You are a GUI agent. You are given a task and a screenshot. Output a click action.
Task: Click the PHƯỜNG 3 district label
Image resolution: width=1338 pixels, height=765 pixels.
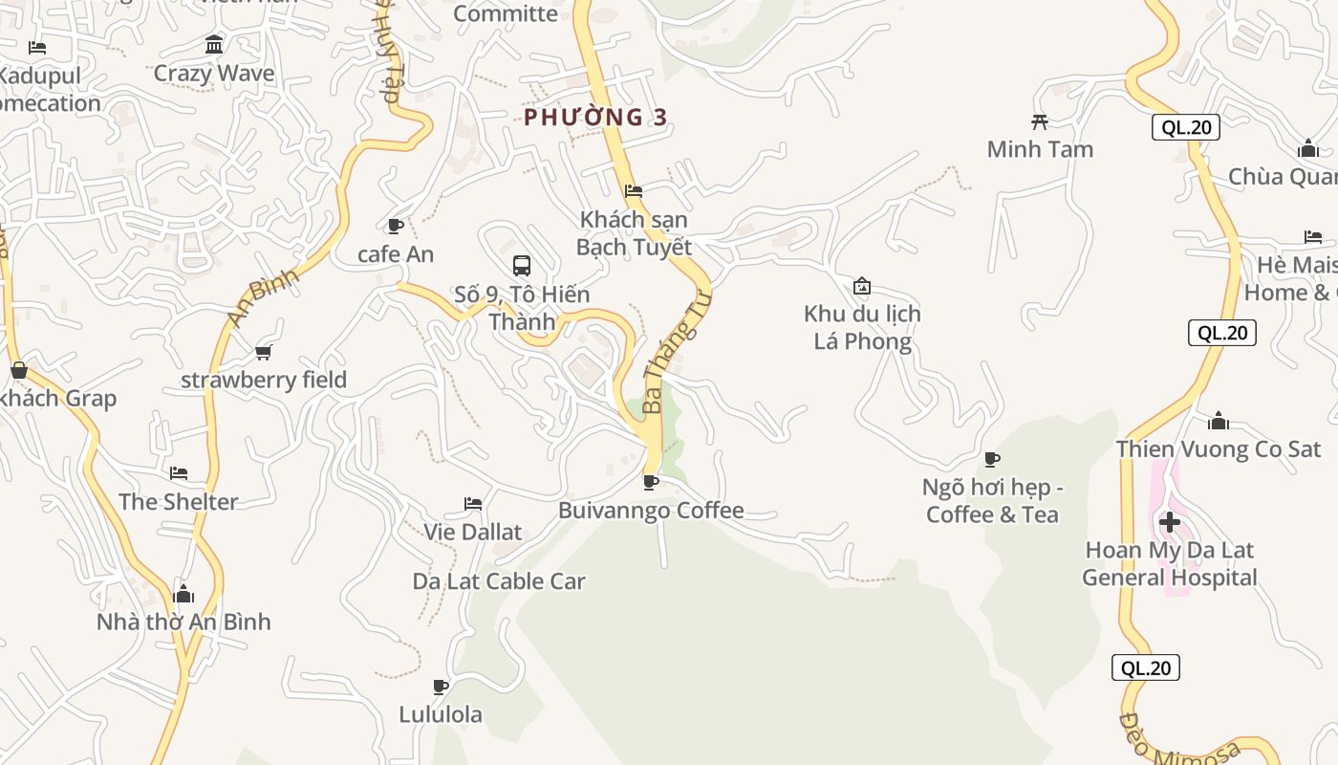point(595,118)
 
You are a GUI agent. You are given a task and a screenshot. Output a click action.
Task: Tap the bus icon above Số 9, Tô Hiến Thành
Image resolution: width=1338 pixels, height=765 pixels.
point(522,266)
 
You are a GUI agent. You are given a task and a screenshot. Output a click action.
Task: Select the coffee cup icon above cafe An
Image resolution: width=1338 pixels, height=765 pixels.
point(395,226)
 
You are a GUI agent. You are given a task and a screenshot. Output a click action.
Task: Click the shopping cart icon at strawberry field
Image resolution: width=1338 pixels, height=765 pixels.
point(264,352)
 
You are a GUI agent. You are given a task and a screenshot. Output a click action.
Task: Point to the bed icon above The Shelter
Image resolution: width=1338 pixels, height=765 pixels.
point(179,473)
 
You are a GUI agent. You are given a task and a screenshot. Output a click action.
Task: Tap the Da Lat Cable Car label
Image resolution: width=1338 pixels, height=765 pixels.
point(499,581)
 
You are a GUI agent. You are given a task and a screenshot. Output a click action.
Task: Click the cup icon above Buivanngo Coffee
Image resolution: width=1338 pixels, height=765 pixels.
point(651,482)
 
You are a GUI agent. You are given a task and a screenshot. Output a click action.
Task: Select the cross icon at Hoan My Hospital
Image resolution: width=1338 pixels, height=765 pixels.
point(1169,522)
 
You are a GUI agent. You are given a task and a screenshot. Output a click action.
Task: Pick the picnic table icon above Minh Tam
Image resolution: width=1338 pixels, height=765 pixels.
point(1040,121)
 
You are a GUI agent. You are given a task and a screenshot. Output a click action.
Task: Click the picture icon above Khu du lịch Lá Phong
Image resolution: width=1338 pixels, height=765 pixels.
point(862,286)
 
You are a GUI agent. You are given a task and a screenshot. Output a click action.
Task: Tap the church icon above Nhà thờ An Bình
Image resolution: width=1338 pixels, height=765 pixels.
point(183,594)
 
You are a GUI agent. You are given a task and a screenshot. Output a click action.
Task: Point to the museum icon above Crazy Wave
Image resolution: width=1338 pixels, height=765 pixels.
point(214,45)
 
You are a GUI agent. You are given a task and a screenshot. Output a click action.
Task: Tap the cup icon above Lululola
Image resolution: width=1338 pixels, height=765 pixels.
point(441,687)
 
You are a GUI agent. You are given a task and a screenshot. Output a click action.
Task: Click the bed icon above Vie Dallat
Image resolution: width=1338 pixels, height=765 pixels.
point(473,504)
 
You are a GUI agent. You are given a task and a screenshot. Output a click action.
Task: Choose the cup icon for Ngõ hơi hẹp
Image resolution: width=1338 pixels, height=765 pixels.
point(992,460)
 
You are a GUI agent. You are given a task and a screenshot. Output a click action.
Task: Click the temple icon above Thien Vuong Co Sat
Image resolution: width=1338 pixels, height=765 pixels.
point(1219,421)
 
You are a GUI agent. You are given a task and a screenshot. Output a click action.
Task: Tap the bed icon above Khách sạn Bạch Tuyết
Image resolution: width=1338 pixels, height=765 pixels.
point(634,191)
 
